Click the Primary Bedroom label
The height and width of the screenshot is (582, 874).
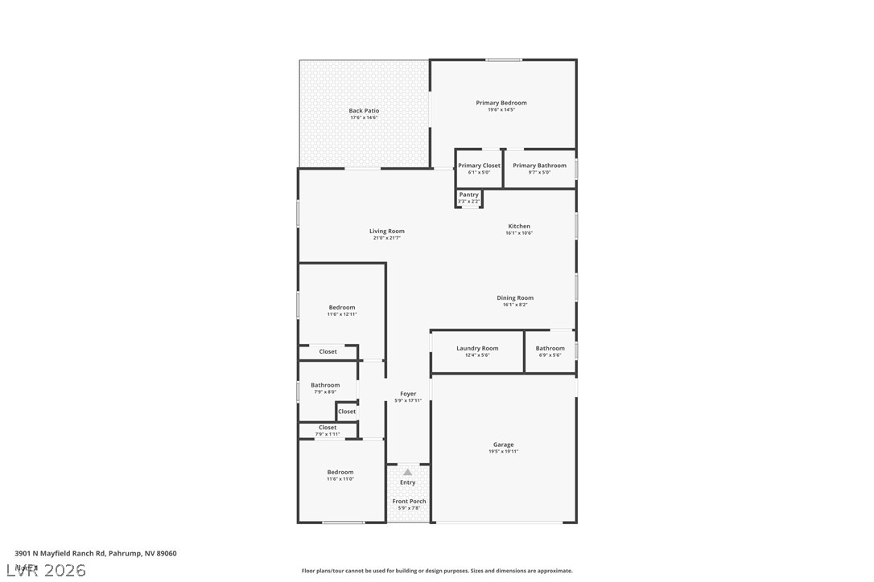(x=501, y=103)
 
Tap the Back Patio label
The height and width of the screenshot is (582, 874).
(x=364, y=111)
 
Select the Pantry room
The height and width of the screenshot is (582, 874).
(x=468, y=197)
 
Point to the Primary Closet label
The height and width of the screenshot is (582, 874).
(x=479, y=166)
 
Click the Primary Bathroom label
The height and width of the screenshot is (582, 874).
(x=539, y=166)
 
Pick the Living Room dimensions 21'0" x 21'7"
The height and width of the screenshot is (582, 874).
(x=387, y=238)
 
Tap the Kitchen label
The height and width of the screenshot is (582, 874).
(x=519, y=227)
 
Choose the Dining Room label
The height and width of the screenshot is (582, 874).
(x=515, y=298)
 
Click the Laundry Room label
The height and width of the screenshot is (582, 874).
(x=477, y=349)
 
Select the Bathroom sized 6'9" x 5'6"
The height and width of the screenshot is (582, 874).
(x=550, y=351)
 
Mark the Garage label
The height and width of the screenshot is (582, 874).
(x=504, y=445)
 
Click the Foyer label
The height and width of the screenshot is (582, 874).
(x=408, y=394)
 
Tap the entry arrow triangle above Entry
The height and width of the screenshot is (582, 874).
(x=408, y=472)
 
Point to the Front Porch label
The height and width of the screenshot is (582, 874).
(x=409, y=502)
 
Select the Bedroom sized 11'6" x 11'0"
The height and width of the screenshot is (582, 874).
(x=340, y=475)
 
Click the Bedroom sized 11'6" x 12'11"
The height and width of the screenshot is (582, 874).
(x=342, y=310)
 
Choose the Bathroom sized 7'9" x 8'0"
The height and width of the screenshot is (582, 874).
(x=325, y=388)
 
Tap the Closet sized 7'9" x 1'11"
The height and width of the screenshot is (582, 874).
(x=328, y=430)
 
